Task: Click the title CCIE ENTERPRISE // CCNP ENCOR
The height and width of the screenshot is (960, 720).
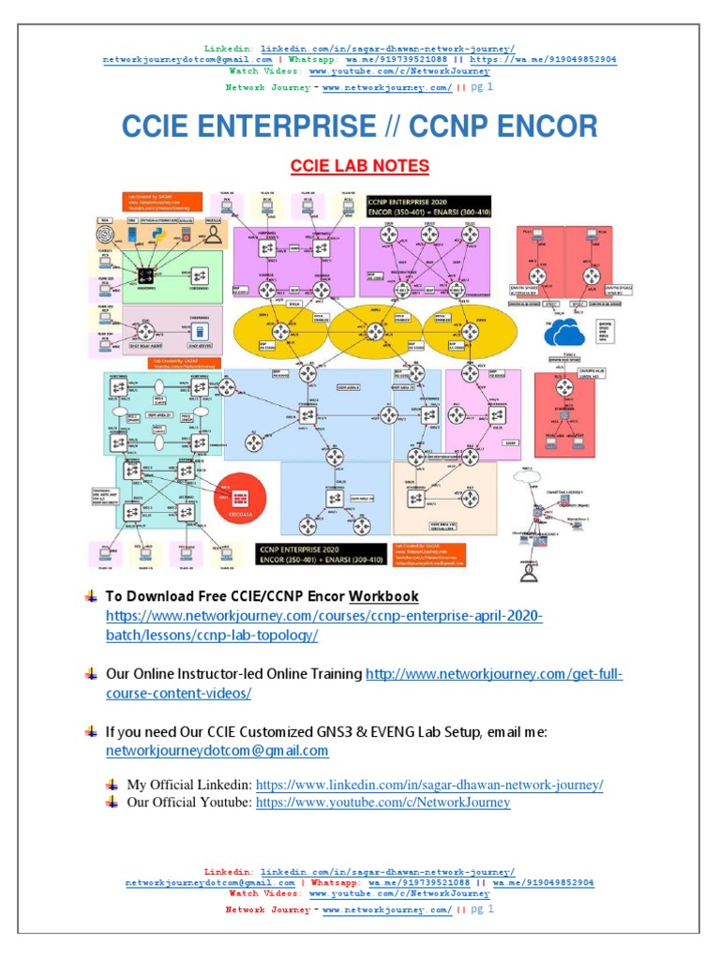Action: tap(359, 127)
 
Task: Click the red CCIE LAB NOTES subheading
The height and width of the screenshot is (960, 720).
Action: tap(359, 166)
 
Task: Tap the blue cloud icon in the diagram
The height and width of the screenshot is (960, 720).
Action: tap(565, 333)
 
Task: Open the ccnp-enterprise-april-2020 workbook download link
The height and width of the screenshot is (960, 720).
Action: tap(323, 625)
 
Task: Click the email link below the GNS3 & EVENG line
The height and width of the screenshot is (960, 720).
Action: tap(217, 750)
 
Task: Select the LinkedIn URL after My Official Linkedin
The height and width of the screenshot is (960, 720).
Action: tap(429, 784)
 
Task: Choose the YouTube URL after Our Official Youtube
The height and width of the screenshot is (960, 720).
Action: tap(382, 802)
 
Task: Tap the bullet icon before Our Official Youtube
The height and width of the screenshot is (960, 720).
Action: tap(112, 802)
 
